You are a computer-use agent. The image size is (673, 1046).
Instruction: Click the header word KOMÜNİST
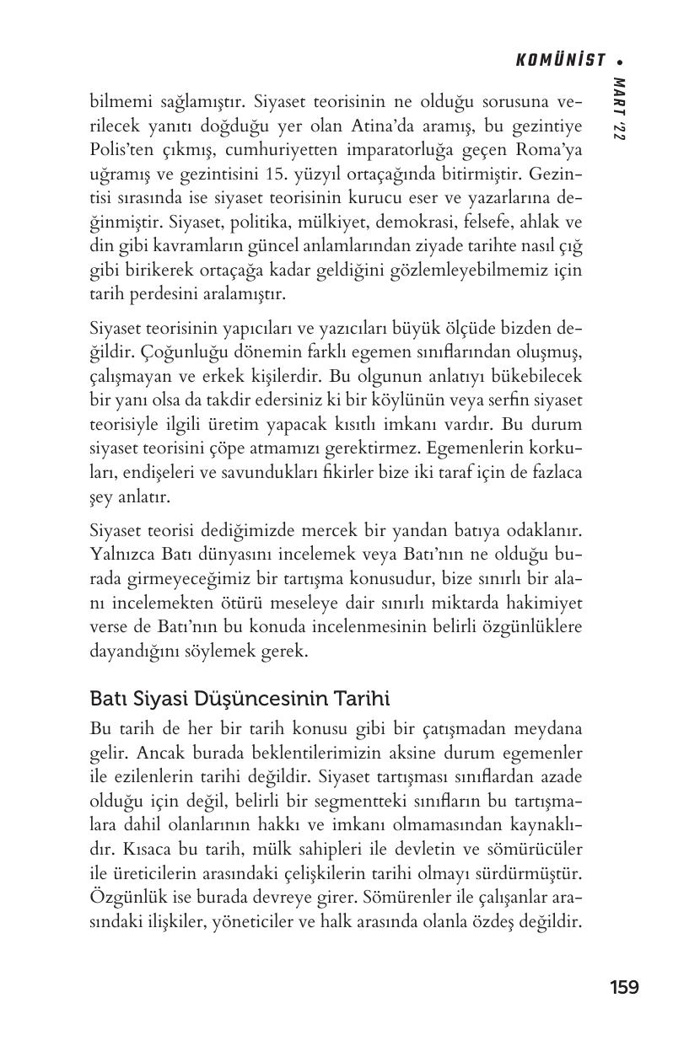coord(560,60)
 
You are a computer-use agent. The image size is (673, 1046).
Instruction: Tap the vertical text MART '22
coord(620,109)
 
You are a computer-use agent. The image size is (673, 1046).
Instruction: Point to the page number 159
coord(624,987)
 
